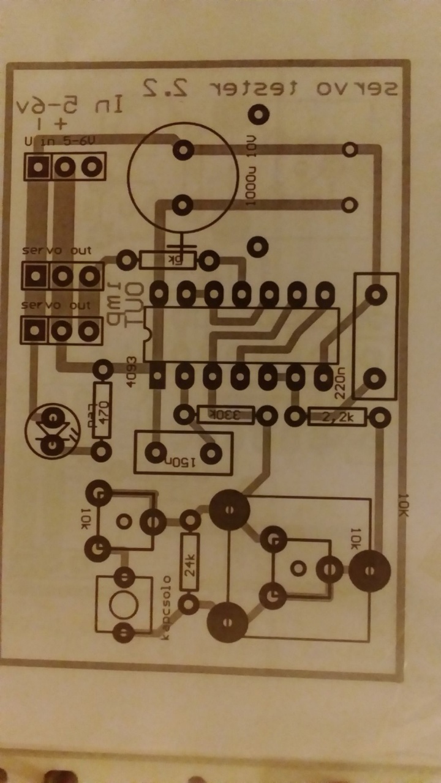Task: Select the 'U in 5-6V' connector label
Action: click(x=59, y=141)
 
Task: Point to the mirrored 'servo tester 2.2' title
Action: click(x=270, y=88)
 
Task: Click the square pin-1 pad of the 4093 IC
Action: click(x=157, y=376)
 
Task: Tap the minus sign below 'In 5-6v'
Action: click(x=40, y=125)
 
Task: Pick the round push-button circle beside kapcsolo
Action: click(x=124, y=604)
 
